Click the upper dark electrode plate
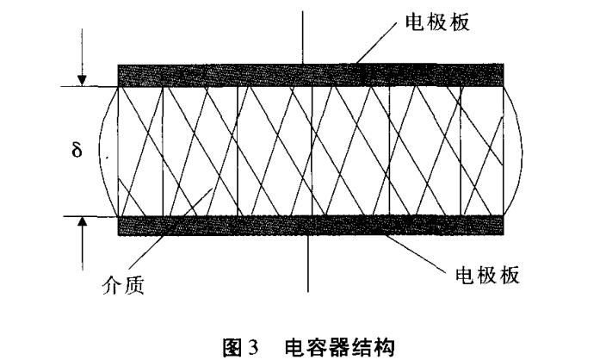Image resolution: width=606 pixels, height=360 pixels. click(310, 75)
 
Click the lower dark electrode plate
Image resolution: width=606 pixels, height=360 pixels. click(310, 226)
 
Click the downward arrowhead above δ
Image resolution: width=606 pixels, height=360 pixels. click(82, 80)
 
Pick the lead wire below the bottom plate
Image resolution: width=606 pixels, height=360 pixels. click(308, 263)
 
